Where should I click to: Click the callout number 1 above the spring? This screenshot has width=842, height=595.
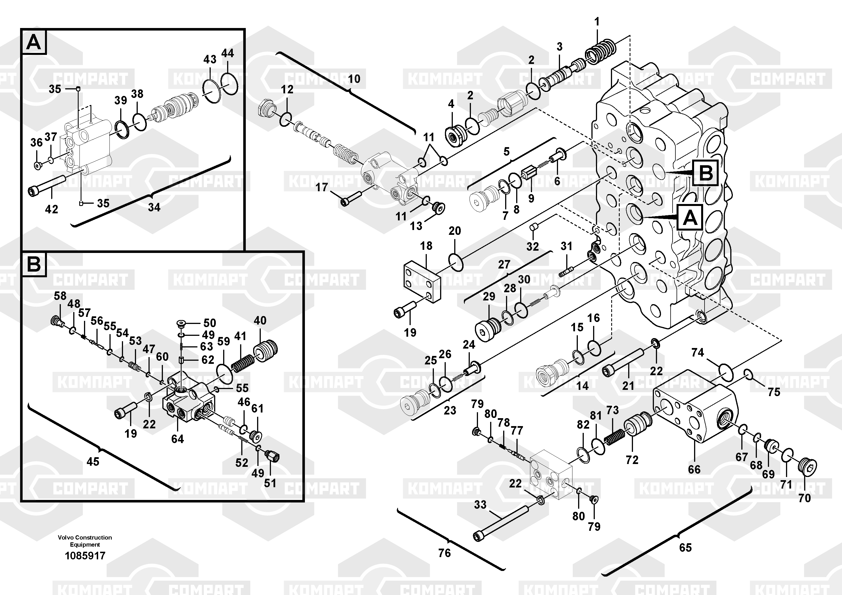pos(597,22)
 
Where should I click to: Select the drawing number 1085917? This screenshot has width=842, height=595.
pos(85,556)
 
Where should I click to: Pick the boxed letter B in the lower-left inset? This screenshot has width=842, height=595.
pos(34,264)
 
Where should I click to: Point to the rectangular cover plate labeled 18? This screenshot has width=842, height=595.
pos(421,281)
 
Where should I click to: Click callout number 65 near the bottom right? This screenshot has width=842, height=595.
pos(685,548)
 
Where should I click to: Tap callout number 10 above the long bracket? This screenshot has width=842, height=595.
pos(354,79)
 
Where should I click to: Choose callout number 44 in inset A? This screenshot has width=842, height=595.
pos(227,53)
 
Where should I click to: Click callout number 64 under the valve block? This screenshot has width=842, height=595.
pos(178,439)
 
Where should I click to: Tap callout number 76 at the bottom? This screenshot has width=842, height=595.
pos(444,553)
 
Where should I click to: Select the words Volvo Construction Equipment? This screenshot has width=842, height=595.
pos(85,541)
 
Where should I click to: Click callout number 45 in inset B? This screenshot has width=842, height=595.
pos(93,461)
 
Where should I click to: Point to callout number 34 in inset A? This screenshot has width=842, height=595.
pos(154,207)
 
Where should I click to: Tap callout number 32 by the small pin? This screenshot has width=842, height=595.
pos(533,246)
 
